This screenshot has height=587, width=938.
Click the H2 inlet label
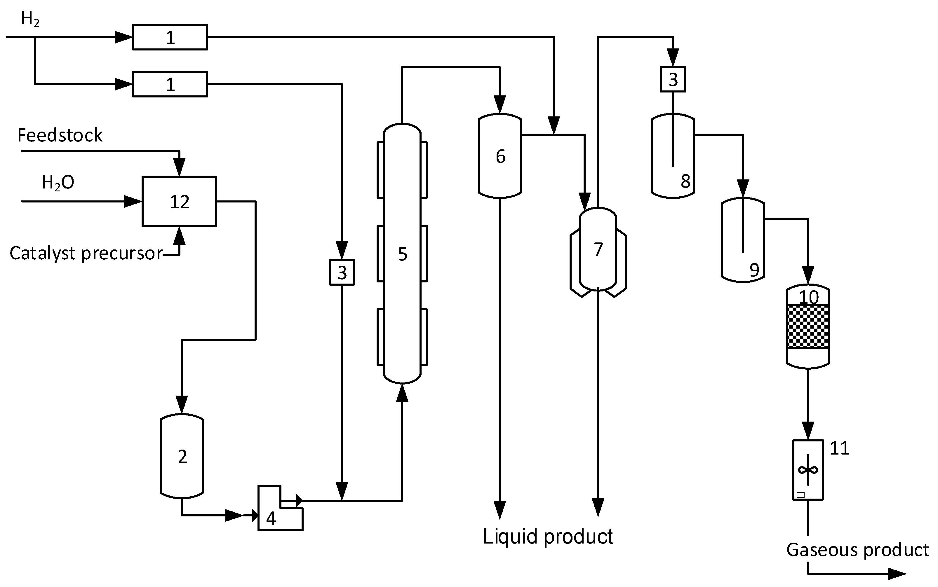pyautogui.click(x=30, y=19)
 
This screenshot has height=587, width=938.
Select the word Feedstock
pyautogui.click(x=60, y=135)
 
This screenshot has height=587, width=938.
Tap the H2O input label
pyautogui.click(x=58, y=182)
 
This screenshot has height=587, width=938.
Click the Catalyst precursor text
pyautogui.click(x=86, y=253)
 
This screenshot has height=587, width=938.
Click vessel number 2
pyautogui.click(x=182, y=457)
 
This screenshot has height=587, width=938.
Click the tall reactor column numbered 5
pyautogui.click(x=402, y=254)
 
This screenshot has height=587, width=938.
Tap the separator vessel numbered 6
pyautogui.click(x=500, y=156)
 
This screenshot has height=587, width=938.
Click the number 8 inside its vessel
pyautogui.click(x=685, y=181)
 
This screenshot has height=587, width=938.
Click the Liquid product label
pyautogui.click(x=548, y=537)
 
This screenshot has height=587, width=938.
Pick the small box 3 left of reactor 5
pyautogui.click(x=342, y=272)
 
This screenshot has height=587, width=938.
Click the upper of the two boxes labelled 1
pyautogui.click(x=170, y=37)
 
